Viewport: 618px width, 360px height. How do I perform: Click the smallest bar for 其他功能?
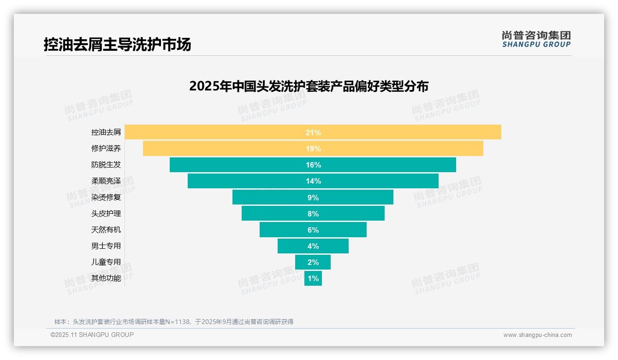(x=313, y=278)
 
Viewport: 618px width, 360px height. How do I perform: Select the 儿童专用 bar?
(x=313, y=262)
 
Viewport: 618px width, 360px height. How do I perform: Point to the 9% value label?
(x=313, y=198)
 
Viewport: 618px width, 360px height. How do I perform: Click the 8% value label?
(x=313, y=214)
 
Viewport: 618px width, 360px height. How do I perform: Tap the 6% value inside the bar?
(x=313, y=230)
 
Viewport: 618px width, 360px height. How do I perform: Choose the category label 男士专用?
(x=106, y=246)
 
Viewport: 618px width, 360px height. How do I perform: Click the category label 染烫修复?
(x=106, y=197)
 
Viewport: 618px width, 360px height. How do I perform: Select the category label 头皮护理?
(x=106, y=213)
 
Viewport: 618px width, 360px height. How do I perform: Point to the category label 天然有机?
(x=106, y=229)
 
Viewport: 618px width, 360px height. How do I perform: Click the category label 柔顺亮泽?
(x=106, y=181)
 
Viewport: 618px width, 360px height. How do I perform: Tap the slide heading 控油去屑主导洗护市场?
(x=117, y=45)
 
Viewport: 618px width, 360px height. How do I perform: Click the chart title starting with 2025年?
(x=309, y=86)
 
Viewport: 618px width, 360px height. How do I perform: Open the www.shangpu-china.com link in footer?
(x=537, y=335)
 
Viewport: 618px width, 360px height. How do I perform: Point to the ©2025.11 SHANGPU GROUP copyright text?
(x=92, y=335)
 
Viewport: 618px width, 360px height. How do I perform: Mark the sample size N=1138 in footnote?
(x=177, y=322)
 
